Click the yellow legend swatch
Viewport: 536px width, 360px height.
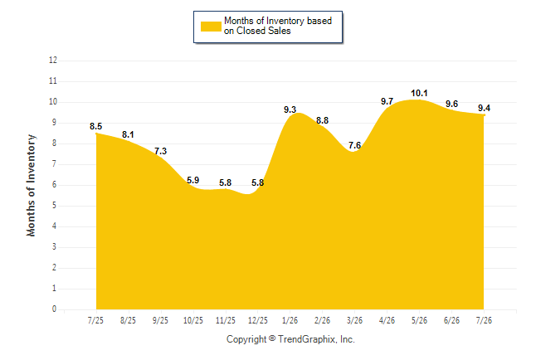click(211, 27)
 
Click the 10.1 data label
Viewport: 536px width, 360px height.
click(419, 93)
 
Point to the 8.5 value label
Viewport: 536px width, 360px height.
click(95, 126)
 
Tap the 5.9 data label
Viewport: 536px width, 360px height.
click(192, 180)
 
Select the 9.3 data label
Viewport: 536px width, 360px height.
click(290, 109)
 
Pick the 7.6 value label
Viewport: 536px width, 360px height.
click(354, 145)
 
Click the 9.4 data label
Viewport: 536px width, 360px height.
click(484, 108)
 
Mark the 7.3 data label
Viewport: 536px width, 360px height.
click(160, 151)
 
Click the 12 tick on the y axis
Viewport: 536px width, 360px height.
click(53, 61)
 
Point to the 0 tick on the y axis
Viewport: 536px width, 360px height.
click(54, 309)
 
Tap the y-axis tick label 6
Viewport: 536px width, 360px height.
click(54, 185)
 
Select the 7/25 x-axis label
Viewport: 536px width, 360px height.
click(95, 320)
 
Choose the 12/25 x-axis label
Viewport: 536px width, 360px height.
click(258, 320)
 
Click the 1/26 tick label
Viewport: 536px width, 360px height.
click(290, 320)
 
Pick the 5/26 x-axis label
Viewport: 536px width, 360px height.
click(419, 320)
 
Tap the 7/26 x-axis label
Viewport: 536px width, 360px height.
click(484, 320)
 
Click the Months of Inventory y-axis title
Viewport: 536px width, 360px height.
click(31, 185)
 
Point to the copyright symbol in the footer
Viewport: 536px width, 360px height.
click(272, 338)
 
